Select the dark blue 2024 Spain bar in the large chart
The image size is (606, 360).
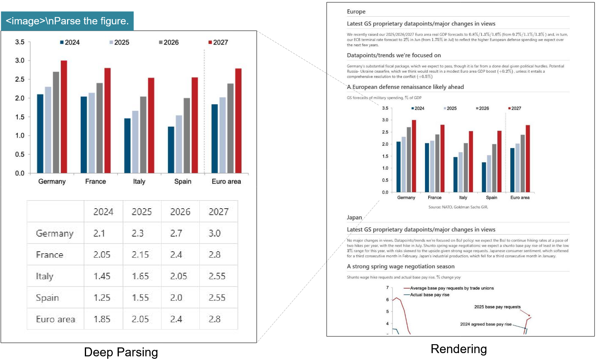coord(171,150)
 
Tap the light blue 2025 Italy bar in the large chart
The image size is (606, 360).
coord(135,142)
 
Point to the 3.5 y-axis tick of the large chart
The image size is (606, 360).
coord(20,42)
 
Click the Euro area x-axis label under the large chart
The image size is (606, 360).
coord(226,181)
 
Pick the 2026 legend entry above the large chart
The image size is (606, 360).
coord(169,42)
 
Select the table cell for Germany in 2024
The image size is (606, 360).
coord(99,233)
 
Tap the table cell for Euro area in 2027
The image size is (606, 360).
coord(215,319)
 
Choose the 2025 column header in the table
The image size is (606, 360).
coord(142,212)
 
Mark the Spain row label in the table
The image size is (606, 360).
coord(47,298)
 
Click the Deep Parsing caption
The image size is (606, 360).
coord(121,352)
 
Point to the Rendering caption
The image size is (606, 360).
coord(459,349)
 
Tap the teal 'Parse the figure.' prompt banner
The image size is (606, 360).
coord(67,21)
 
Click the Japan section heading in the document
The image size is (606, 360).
coord(354,218)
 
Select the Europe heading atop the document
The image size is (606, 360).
coord(356,12)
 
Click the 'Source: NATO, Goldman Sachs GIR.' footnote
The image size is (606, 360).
coord(458,207)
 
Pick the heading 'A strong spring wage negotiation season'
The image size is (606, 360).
coord(401,267)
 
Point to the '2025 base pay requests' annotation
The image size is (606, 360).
coord(497,307)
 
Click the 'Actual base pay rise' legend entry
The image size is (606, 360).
coord(429,295)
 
